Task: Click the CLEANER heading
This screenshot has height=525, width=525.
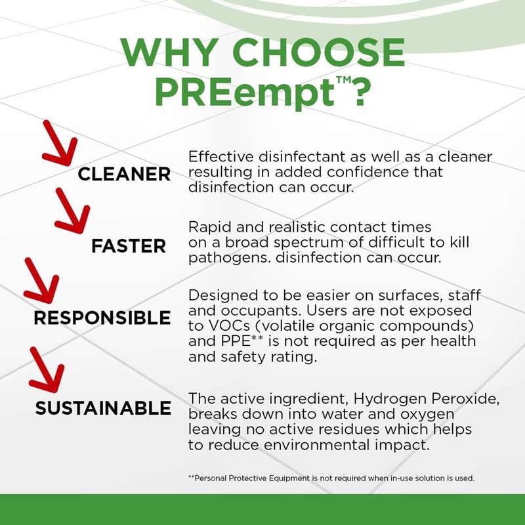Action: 123,174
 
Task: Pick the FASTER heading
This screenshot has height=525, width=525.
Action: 129,246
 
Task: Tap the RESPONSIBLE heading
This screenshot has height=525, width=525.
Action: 102,318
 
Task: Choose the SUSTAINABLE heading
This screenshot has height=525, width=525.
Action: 103,408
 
